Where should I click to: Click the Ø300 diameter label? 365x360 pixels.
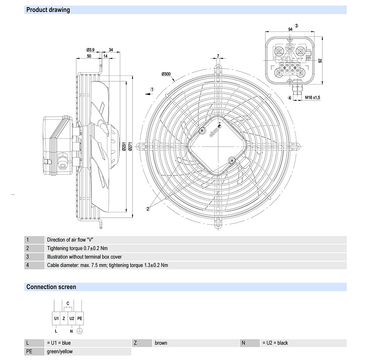[166, 74]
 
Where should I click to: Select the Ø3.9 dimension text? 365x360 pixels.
[91, 50]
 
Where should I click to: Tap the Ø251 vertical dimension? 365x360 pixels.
[124, 148]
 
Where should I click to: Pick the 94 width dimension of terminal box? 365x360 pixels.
[290, 29]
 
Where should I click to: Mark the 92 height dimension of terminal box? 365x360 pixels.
[320, 61]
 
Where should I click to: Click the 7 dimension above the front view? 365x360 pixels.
[218, 56]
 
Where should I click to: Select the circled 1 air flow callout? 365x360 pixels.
[153, 89]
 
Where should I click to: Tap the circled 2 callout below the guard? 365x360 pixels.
[148, 209]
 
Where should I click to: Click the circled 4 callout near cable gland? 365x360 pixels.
[289, 98]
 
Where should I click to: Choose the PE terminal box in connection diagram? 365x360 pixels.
[80, 318]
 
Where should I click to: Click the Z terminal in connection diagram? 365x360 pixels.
[64, 318]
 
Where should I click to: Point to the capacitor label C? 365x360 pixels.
[68, 303]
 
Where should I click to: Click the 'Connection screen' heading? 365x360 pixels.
[51, 287]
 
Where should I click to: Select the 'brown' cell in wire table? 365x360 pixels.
[161, 343]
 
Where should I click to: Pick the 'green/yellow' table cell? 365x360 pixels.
[60, 352]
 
